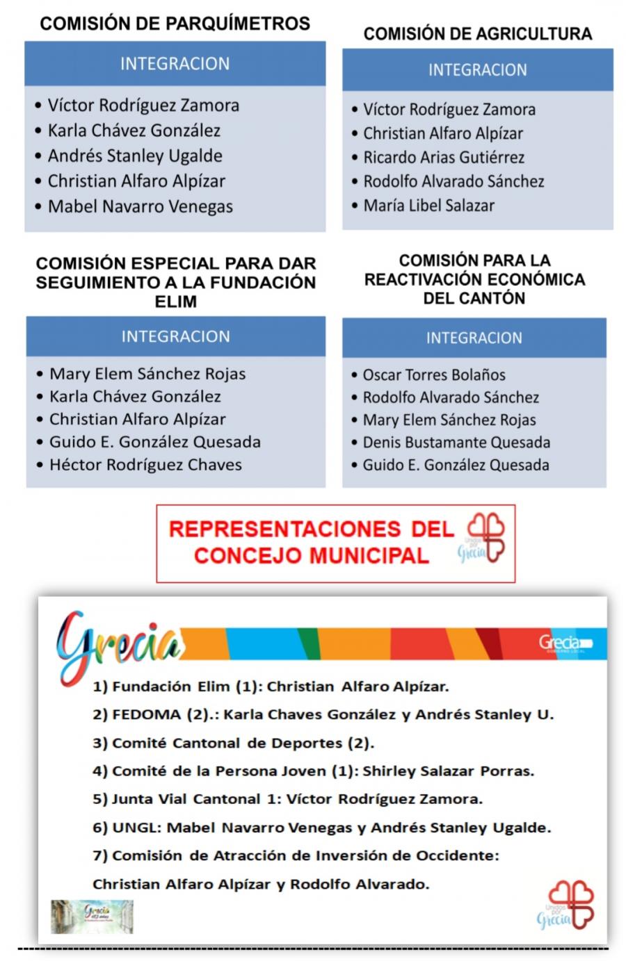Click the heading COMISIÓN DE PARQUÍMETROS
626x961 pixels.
[x=175, y=24]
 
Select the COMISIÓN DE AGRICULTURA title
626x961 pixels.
[x=477, y=34]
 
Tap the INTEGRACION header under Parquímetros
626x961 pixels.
[x=175, y=64]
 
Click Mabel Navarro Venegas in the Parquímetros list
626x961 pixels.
[x=140, y=206]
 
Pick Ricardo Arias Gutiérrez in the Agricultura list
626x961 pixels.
[x=444, y=158]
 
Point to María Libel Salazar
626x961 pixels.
[x=428, y=206]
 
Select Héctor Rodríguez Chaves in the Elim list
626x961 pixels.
[x=145, y=465]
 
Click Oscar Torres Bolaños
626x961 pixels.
[x=434, y=375]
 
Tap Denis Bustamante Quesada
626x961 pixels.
[x=456, y=443]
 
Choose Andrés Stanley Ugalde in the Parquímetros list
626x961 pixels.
[x=135, y=156]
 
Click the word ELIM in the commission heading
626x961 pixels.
[x=175, y=302]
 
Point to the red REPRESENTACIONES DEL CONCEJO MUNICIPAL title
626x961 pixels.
[x=310, y=543]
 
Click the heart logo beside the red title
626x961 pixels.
[x=485, y=537]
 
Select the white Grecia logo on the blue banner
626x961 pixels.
[x=564, y=643]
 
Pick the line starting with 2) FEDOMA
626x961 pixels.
[x=323, y=714]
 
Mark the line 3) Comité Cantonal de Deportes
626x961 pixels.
[x=234, y=743]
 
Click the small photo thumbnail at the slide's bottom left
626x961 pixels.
[x=92, y=917]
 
